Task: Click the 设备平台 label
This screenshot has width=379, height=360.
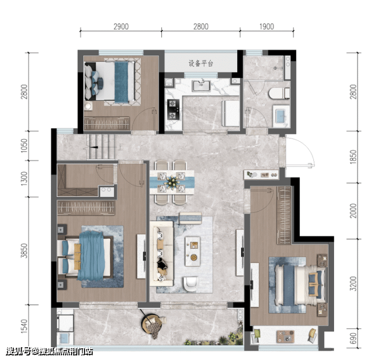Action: (201, 63)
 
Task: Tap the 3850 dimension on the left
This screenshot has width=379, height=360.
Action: (24, 250)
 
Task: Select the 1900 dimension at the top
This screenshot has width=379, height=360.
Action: (267, 27)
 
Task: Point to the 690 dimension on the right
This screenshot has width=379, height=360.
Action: (353, 338)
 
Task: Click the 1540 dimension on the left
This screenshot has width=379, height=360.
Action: (24, 326)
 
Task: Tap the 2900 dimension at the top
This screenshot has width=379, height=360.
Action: (121, 27)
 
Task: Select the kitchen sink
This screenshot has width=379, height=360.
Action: (201, 86)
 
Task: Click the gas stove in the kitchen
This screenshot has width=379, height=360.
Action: (173, 110)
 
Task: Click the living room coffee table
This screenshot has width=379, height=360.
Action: (193, 251)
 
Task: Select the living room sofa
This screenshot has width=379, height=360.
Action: (161, 253)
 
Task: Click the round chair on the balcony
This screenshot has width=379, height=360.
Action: (152, 323)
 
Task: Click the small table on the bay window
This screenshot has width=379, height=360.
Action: (285, 336)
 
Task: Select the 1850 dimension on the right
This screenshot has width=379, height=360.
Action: (353, 157)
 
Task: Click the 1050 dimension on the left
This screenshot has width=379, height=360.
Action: (24, 145)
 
